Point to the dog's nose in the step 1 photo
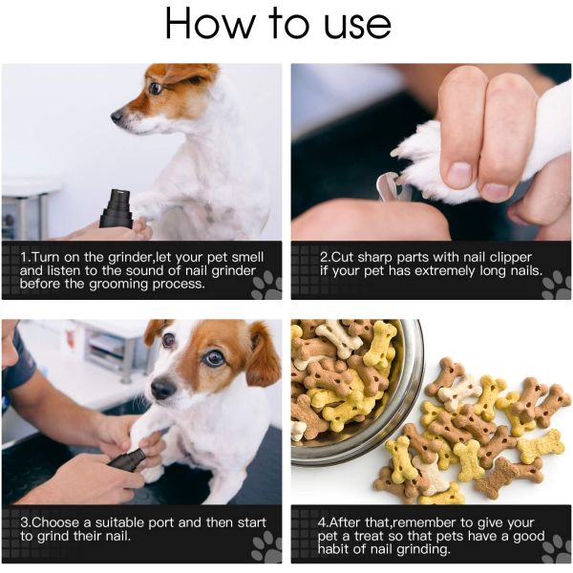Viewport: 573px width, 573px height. coord(117,117)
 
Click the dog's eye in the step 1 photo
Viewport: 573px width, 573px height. coord(154,89)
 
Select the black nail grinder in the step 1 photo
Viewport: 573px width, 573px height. coord(116,207)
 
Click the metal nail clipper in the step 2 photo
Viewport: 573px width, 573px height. coord(389,186)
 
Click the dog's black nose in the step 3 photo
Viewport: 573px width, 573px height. coord(162,388)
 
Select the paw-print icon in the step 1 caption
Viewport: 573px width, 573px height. coord(266,284)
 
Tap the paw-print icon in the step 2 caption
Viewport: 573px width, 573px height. coord(556,284)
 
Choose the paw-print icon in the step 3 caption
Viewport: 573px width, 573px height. coord(266,546)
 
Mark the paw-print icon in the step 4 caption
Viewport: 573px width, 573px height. coord(556,546)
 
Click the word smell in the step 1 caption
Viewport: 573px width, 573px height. coord(239,257)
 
